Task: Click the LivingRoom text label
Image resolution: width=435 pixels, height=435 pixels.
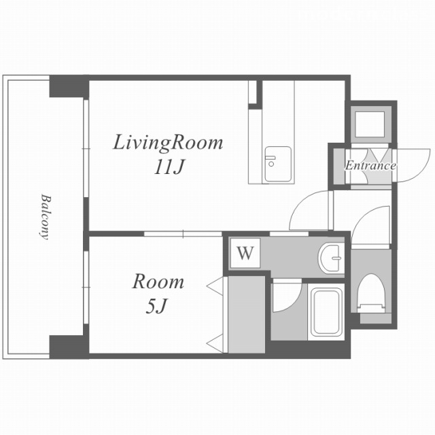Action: pyautogui.click(x=168, y=143)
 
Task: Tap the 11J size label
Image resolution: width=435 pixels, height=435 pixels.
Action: pyautogui.click(x=169, y=167)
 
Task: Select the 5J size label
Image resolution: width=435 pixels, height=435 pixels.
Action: pyautogui.click(x=157, y=307)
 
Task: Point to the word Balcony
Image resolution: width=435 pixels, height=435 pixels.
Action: pyautogui.click(x=46, y=217)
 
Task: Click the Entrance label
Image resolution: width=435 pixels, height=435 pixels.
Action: pyautogui.click(x=370, y=166)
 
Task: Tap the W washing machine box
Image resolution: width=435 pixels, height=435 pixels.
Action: pyautogui.click(x=245, y=253)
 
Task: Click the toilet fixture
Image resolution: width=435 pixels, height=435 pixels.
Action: pyautogui.click(x=371, y=294)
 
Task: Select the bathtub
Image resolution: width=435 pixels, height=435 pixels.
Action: pyautogui.click(x=326, y=312)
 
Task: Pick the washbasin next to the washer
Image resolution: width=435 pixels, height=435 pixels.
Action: pyautogui.click(x=331, y=258)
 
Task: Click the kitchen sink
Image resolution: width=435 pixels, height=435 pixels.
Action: pyautogui.click(x=278, y=164)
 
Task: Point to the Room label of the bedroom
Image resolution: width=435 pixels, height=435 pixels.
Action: pyautogui.click(x=158, y=282)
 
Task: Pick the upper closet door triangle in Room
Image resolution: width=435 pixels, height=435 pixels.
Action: pyautogui.click(x=216, y=285)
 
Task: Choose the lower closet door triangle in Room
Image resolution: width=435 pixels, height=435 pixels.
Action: pyautogui.click(x=215, y=343)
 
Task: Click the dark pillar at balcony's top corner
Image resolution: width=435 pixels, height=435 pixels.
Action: pyautogui.click(x=69, y=86)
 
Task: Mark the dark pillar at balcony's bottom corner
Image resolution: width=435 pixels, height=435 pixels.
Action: pyautogui.click(x=69, y=347)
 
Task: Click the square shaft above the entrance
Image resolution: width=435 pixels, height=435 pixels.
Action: pyautogui.click(x=370, y=124)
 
